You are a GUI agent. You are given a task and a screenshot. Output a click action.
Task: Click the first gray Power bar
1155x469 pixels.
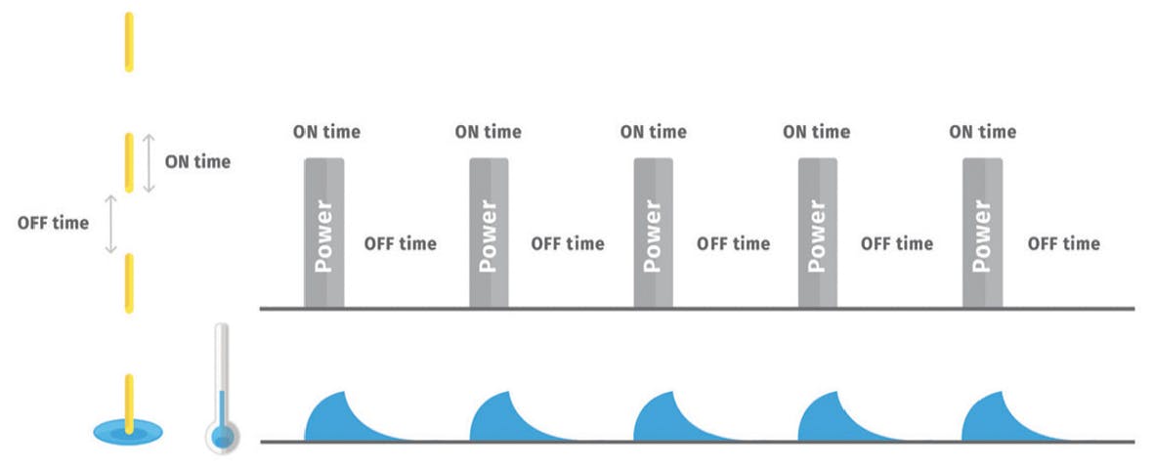coord(324,233)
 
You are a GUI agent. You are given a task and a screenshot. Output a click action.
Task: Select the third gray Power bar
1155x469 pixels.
coord(654,233)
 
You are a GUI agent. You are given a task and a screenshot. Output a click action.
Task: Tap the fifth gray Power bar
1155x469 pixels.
coord(983,233)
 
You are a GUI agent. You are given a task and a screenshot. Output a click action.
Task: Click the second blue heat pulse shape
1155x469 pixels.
coord(498,420)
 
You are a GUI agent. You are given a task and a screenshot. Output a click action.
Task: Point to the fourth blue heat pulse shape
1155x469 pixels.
coord(827,420)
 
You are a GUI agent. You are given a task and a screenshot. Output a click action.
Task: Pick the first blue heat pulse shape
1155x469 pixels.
coord(334,420)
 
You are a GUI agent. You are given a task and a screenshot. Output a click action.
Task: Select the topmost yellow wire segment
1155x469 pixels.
coord(128,41)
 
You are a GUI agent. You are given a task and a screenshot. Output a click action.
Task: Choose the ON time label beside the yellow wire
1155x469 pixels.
coord(197,162)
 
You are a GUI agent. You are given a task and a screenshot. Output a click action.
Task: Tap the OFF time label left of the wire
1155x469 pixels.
coord(53,223)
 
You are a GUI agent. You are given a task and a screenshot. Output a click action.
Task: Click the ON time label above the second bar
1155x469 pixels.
coord(489,131)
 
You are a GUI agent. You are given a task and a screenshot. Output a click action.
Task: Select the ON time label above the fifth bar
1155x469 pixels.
coord(983,131)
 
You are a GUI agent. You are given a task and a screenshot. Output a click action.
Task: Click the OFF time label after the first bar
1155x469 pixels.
coord(400,243)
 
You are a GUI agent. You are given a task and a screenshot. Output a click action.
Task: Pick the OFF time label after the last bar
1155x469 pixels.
coord(1063,243)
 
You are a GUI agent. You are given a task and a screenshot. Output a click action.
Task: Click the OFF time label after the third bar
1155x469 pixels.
coord(733,243)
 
